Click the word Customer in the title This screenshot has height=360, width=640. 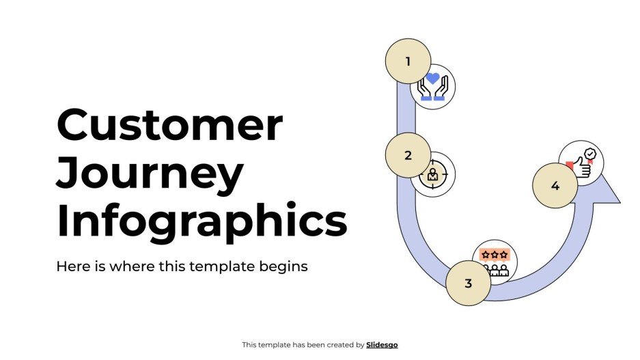click(x=169, y=125)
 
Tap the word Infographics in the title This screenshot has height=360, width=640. click(x=201, y=220)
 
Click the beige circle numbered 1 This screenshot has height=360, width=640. click(x=408, y=61)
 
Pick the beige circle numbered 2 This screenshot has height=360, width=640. click(x=408, y=155)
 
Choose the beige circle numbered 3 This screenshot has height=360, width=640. click(x=468, y=283)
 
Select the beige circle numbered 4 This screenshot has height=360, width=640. click(x=555, y=186)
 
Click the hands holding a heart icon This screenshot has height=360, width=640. click(x=433, y=87)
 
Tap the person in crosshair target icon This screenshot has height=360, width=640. click(x=433, y=175)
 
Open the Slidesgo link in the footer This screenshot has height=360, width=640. click(x=382, y=345)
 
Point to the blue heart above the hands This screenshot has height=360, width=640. click(x=432, y=79)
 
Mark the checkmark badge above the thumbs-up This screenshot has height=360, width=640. click(x=590, y=154)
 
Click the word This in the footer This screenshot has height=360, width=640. click(x=249, y=345)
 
